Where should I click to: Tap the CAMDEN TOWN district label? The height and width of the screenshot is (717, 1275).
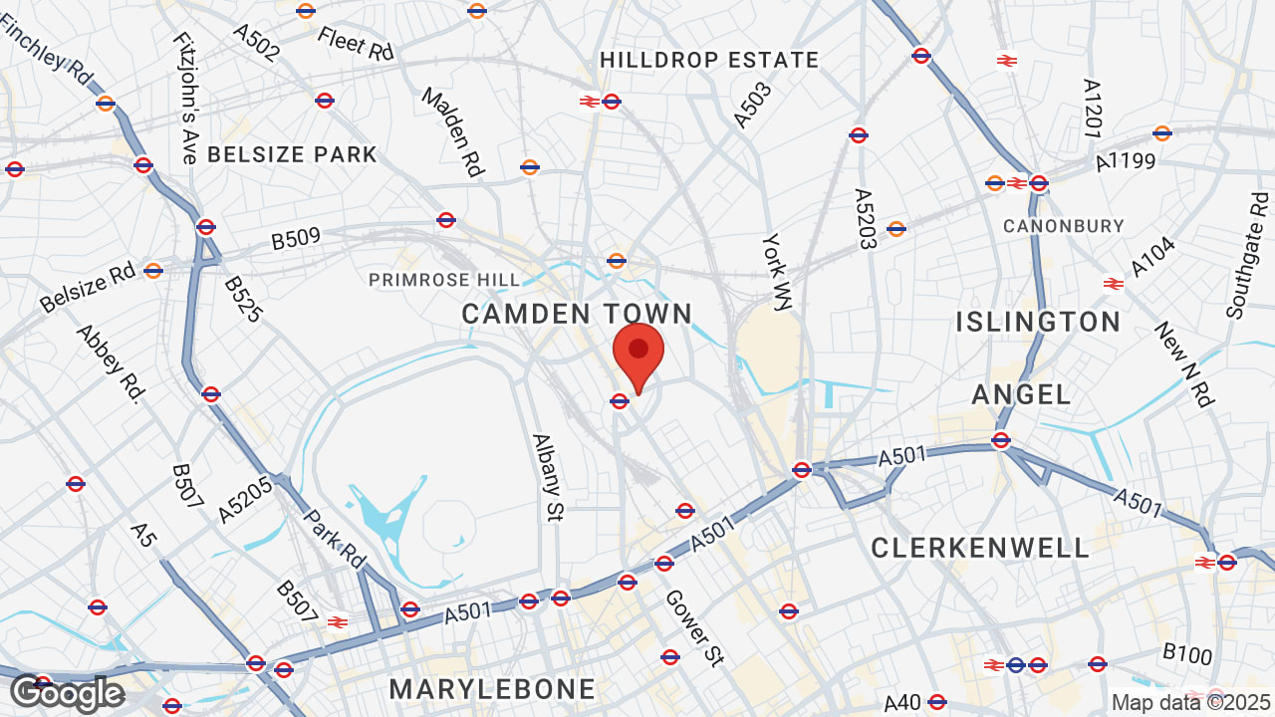click(577, 314)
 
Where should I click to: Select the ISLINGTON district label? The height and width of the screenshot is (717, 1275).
click(1038, 322)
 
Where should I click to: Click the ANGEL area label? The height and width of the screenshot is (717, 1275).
click(1021, 394)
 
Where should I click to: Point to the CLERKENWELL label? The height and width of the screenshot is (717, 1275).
click(980, 548)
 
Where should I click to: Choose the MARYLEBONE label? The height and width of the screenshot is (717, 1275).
click(492, 689)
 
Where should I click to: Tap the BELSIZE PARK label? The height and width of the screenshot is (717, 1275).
click(292, 154)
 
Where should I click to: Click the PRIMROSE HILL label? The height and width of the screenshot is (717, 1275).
click(444, 280)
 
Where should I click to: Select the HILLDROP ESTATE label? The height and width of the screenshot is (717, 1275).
click(709, 60)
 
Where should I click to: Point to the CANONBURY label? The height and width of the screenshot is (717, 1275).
click(1064, 226)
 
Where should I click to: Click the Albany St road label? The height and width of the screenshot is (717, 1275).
click(547, 477)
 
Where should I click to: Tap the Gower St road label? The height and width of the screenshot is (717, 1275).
click(693, 627)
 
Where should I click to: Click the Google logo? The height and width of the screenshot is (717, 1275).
click(66, 693)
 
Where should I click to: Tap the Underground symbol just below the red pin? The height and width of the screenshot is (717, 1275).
click(620, 401)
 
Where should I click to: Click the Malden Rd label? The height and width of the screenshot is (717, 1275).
click(453, 132)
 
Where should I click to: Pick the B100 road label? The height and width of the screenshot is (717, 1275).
click(1187, 654)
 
